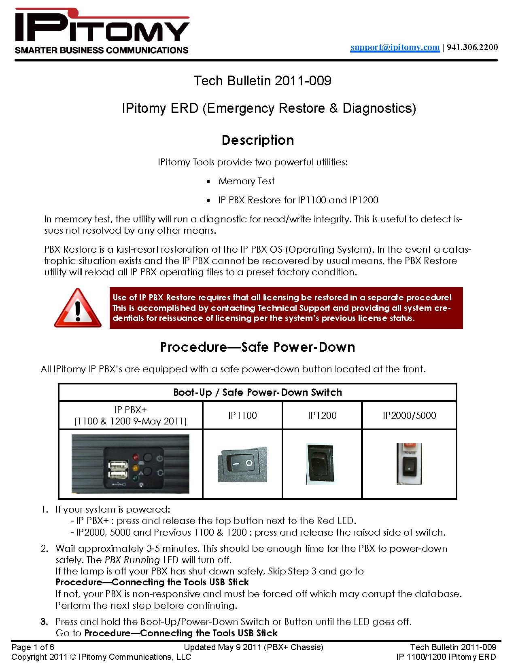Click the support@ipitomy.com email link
[x=395, y=47]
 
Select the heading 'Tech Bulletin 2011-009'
[x=262, y=81]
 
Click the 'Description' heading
[x=258, y=140]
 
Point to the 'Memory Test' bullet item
[x=246, y=181]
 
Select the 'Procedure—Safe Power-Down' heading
[x=257, y=347]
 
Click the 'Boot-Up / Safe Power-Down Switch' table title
[x=257, y=393]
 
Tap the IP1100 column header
[x=242, y=416]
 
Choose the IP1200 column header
[x=322, y=416]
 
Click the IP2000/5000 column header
[x=409, y=416]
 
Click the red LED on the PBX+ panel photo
[x=136, y=457]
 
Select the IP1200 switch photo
[x=320, y=464]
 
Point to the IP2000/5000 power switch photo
[x=409, y=464]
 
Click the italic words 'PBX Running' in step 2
[x=132, y=560]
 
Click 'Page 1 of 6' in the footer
[x=33, y=647]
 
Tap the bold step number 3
[x=45, y=622]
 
